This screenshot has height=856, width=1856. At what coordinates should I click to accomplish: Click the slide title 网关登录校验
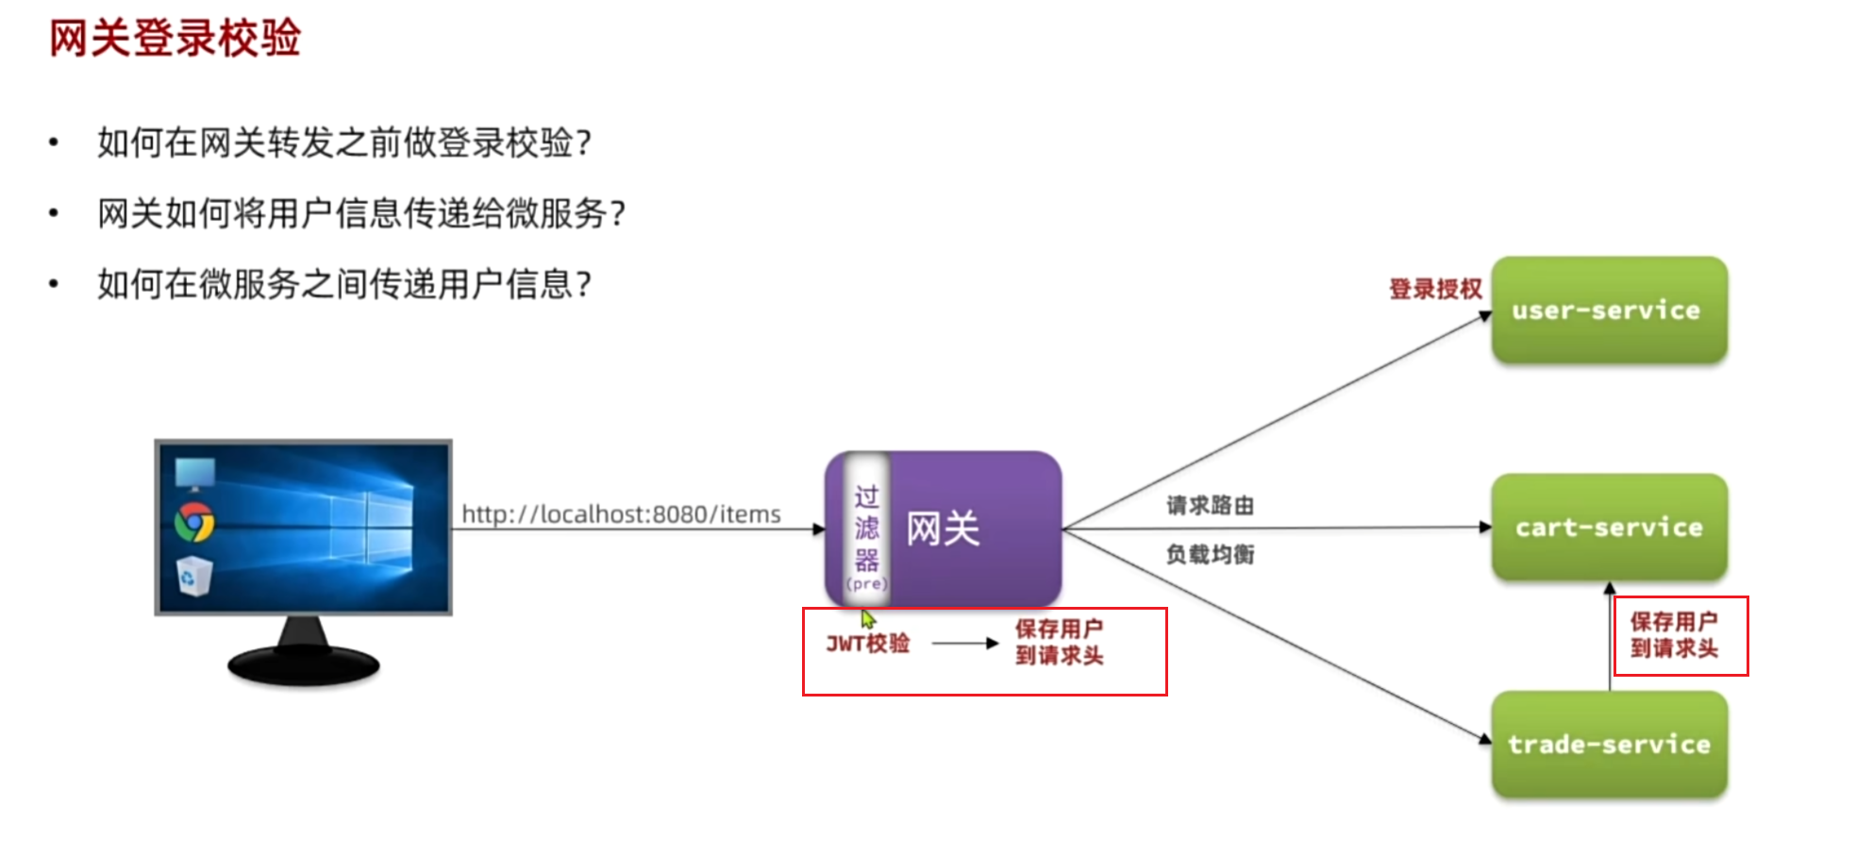(x=175, y=39)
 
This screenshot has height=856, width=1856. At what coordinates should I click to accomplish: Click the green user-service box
(x=1608, y=310)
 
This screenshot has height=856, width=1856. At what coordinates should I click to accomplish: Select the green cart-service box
(x=1608, y=527)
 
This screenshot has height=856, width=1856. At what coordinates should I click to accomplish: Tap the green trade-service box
(x=1608, y=744)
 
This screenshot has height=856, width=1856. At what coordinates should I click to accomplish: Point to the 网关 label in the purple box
(x=943, y=529)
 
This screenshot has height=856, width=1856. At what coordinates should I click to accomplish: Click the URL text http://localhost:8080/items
(x=621, y=514)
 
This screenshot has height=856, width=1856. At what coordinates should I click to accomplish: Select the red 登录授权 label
(x=1435, y=289)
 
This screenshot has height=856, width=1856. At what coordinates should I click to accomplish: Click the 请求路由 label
(x=1210, y=506)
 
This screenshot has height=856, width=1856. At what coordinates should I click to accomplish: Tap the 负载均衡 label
(x=1210, y=554)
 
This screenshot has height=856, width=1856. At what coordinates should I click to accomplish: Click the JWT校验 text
(x=868, y=644)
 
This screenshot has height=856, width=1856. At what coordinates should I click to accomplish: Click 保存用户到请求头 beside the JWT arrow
(x=1059, y=642)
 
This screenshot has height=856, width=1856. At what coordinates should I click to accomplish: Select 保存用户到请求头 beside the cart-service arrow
(x=1674, y=635)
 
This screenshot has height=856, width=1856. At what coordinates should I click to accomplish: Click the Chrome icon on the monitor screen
(x=194, y=522)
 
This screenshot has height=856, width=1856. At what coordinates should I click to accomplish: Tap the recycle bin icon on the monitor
(x=193, y=577)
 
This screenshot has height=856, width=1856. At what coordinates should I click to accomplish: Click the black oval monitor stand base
(x=303, y=665)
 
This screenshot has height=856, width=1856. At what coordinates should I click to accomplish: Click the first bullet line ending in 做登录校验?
(x=344, y=143)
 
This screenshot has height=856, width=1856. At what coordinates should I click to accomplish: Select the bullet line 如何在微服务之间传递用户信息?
(x=344, y=283)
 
